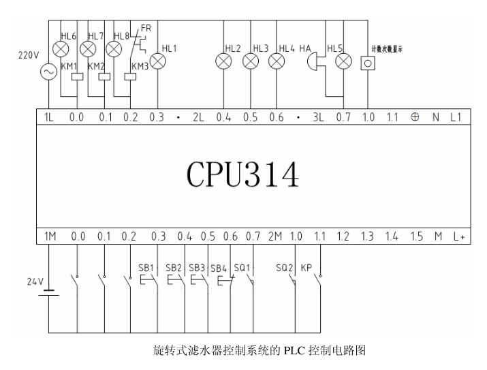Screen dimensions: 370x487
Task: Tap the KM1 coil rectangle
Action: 77,76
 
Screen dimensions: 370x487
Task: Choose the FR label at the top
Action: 146,28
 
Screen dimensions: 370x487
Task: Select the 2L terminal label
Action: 199,117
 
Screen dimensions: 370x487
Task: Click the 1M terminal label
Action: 50,236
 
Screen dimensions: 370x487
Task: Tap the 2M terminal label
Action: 274,236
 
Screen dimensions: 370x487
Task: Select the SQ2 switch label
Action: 284,267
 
